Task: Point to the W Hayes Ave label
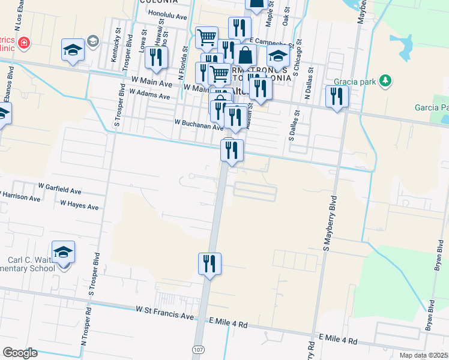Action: coord(79,205)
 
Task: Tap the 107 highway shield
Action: coord(197,349)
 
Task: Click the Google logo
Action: coord(20,352)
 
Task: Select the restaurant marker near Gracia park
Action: coord(336,97)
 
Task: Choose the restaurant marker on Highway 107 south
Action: coord(209,264)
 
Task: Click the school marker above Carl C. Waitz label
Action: coord(63,253)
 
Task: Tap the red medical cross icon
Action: coord(23,43)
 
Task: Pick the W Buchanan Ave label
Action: coord(199,122)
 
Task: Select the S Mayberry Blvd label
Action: coord(328,223)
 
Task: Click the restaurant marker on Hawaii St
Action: coord(157,57)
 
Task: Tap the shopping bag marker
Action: coord(246,55)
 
